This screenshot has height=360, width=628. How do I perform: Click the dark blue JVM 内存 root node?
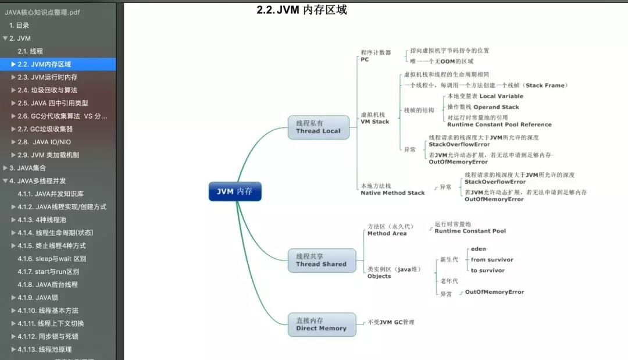coord(235,191)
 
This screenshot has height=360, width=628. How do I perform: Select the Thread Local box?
coord(319,127)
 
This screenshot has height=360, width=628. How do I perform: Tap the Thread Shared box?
coord(322,261)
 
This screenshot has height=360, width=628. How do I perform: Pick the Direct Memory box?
coord(322,325)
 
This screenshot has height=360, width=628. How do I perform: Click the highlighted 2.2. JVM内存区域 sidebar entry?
coord(58,64)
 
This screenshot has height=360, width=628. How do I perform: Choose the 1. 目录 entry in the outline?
coord(19,25)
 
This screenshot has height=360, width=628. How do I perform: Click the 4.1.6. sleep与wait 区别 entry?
coord(52,259)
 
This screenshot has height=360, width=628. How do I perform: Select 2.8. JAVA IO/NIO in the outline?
coord(44,142)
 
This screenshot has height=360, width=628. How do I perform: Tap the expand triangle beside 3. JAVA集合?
coord(5,167)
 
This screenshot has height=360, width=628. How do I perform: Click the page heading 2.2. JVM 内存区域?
coord(302,10)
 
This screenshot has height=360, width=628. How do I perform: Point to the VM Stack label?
coord(375,122)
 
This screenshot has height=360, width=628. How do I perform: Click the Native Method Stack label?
coord(392,193)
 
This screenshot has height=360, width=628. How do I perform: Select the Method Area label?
coord(387,233)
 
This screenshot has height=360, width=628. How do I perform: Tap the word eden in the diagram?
coord(478,249)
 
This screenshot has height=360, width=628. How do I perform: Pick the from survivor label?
coord(492,260)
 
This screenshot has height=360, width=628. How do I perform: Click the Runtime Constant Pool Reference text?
coord(499,124)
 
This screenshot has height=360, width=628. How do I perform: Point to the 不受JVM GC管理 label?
coord(391,322)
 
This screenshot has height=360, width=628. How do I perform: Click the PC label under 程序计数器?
coord(365,59)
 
